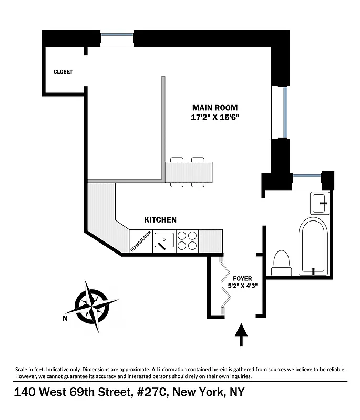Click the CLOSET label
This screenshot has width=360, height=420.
point(63,72)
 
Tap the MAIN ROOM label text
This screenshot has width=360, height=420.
point(218,108)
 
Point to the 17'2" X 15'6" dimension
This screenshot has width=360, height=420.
point(218,118)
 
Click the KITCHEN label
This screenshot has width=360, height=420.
point(160,220)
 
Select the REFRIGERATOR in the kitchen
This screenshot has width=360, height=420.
point(141,241)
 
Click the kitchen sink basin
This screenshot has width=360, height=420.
point(165,241)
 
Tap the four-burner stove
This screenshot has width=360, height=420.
point(187,241)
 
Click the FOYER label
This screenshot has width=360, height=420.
point(243,278)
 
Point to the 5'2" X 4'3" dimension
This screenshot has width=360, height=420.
point(243,287)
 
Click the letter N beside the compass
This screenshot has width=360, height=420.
point(65,318)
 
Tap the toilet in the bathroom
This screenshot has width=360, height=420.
point(282,262)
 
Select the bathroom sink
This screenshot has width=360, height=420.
point(320,203)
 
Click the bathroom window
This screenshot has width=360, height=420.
point(307,176)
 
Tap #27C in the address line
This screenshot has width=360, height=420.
point(151,392)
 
